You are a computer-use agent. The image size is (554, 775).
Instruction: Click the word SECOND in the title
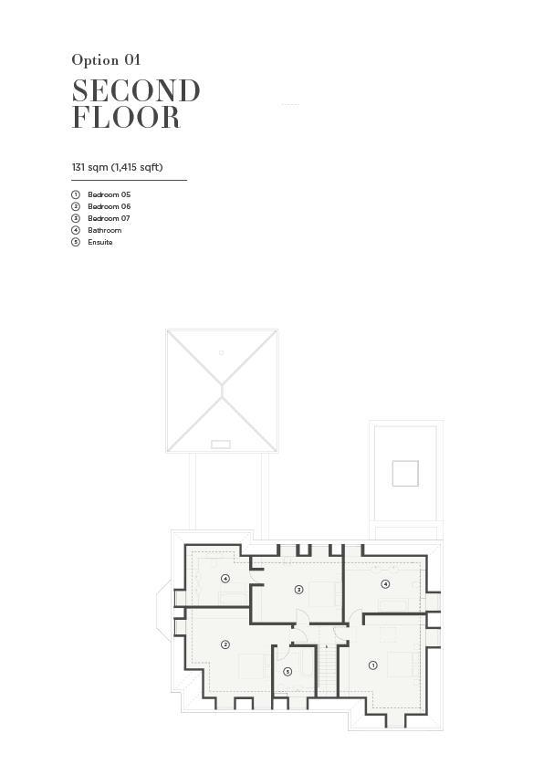pos(136,91)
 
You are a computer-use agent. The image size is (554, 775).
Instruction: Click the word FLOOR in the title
pos(126,117)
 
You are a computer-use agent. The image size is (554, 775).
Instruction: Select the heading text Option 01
pos(106,60)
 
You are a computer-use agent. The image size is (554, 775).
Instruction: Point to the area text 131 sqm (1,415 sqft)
pos(117,167)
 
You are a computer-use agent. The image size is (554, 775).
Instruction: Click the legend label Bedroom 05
pos(110,194)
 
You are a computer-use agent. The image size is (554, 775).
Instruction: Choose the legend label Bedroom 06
pos(110,206)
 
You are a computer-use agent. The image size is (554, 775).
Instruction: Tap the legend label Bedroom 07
pos(109,218)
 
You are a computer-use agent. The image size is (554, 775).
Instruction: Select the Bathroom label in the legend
pos(105,230)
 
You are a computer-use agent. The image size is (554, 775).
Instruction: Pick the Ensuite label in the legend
pos(100,242)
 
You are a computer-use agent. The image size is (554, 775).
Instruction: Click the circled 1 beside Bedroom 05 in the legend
pos(76,194)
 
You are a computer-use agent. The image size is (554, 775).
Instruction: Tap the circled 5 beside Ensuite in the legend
pos(76,242)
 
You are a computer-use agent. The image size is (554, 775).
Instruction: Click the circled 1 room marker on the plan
pos(373,665)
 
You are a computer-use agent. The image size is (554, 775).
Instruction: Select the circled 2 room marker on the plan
pos(225,644)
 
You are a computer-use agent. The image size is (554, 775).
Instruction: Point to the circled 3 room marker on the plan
pos(298,590)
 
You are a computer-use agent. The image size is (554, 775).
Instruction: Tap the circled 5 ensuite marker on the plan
pos(287,672)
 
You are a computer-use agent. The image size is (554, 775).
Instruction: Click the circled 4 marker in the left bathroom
pos(225,579)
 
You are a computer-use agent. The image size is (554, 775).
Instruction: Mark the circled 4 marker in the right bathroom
pos(385,584)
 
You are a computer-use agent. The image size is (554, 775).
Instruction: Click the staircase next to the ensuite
pos(327,670)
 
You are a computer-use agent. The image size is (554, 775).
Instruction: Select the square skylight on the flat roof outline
pos(405,474)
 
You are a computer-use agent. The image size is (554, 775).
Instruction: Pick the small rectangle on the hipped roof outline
pos(221,445)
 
